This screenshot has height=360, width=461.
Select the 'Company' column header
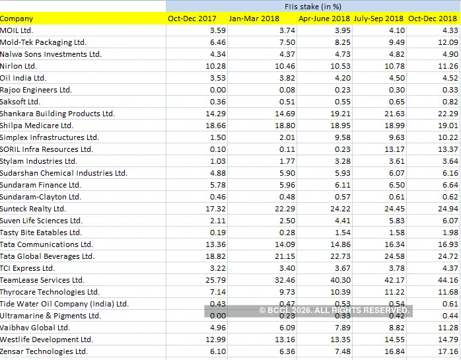17,18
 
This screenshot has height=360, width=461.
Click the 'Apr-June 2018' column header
324,18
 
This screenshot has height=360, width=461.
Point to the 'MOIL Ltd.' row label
17,30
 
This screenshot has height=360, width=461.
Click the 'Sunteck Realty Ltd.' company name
33,209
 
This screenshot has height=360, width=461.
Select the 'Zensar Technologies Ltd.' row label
44,351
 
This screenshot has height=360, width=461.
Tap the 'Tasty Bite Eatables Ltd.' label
41,233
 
